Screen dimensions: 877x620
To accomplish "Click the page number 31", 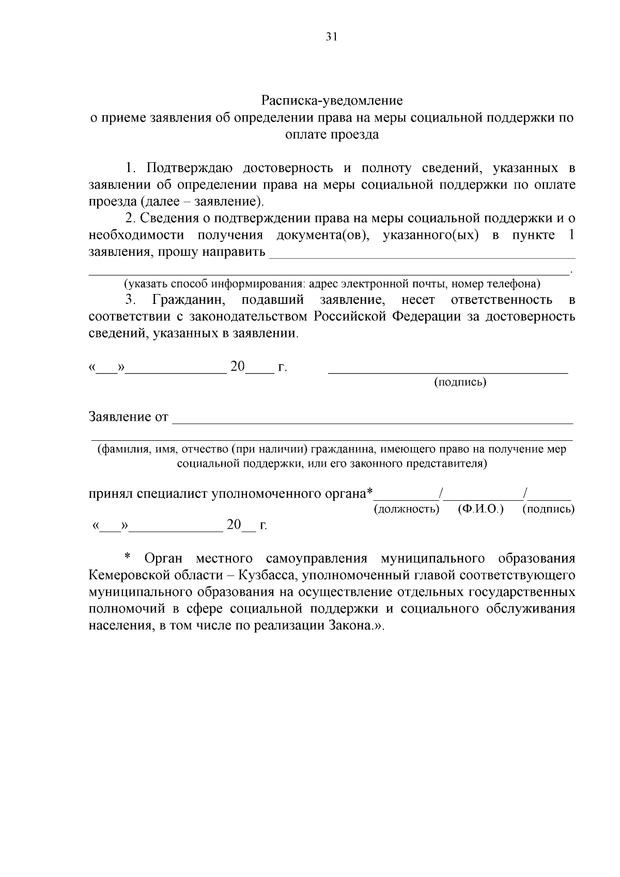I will click(331, 36).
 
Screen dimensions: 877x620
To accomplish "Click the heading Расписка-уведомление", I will click(332, 100).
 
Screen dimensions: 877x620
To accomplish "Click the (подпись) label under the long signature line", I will click(460, 382).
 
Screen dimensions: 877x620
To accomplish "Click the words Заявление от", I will click(129, 417).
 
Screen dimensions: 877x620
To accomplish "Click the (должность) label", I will click(406, 509).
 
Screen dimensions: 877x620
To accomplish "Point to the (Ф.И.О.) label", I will click(481, 509).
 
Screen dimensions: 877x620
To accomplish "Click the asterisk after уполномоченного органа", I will click(369, 492).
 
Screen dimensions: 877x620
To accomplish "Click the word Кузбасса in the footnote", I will click(267, 575).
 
